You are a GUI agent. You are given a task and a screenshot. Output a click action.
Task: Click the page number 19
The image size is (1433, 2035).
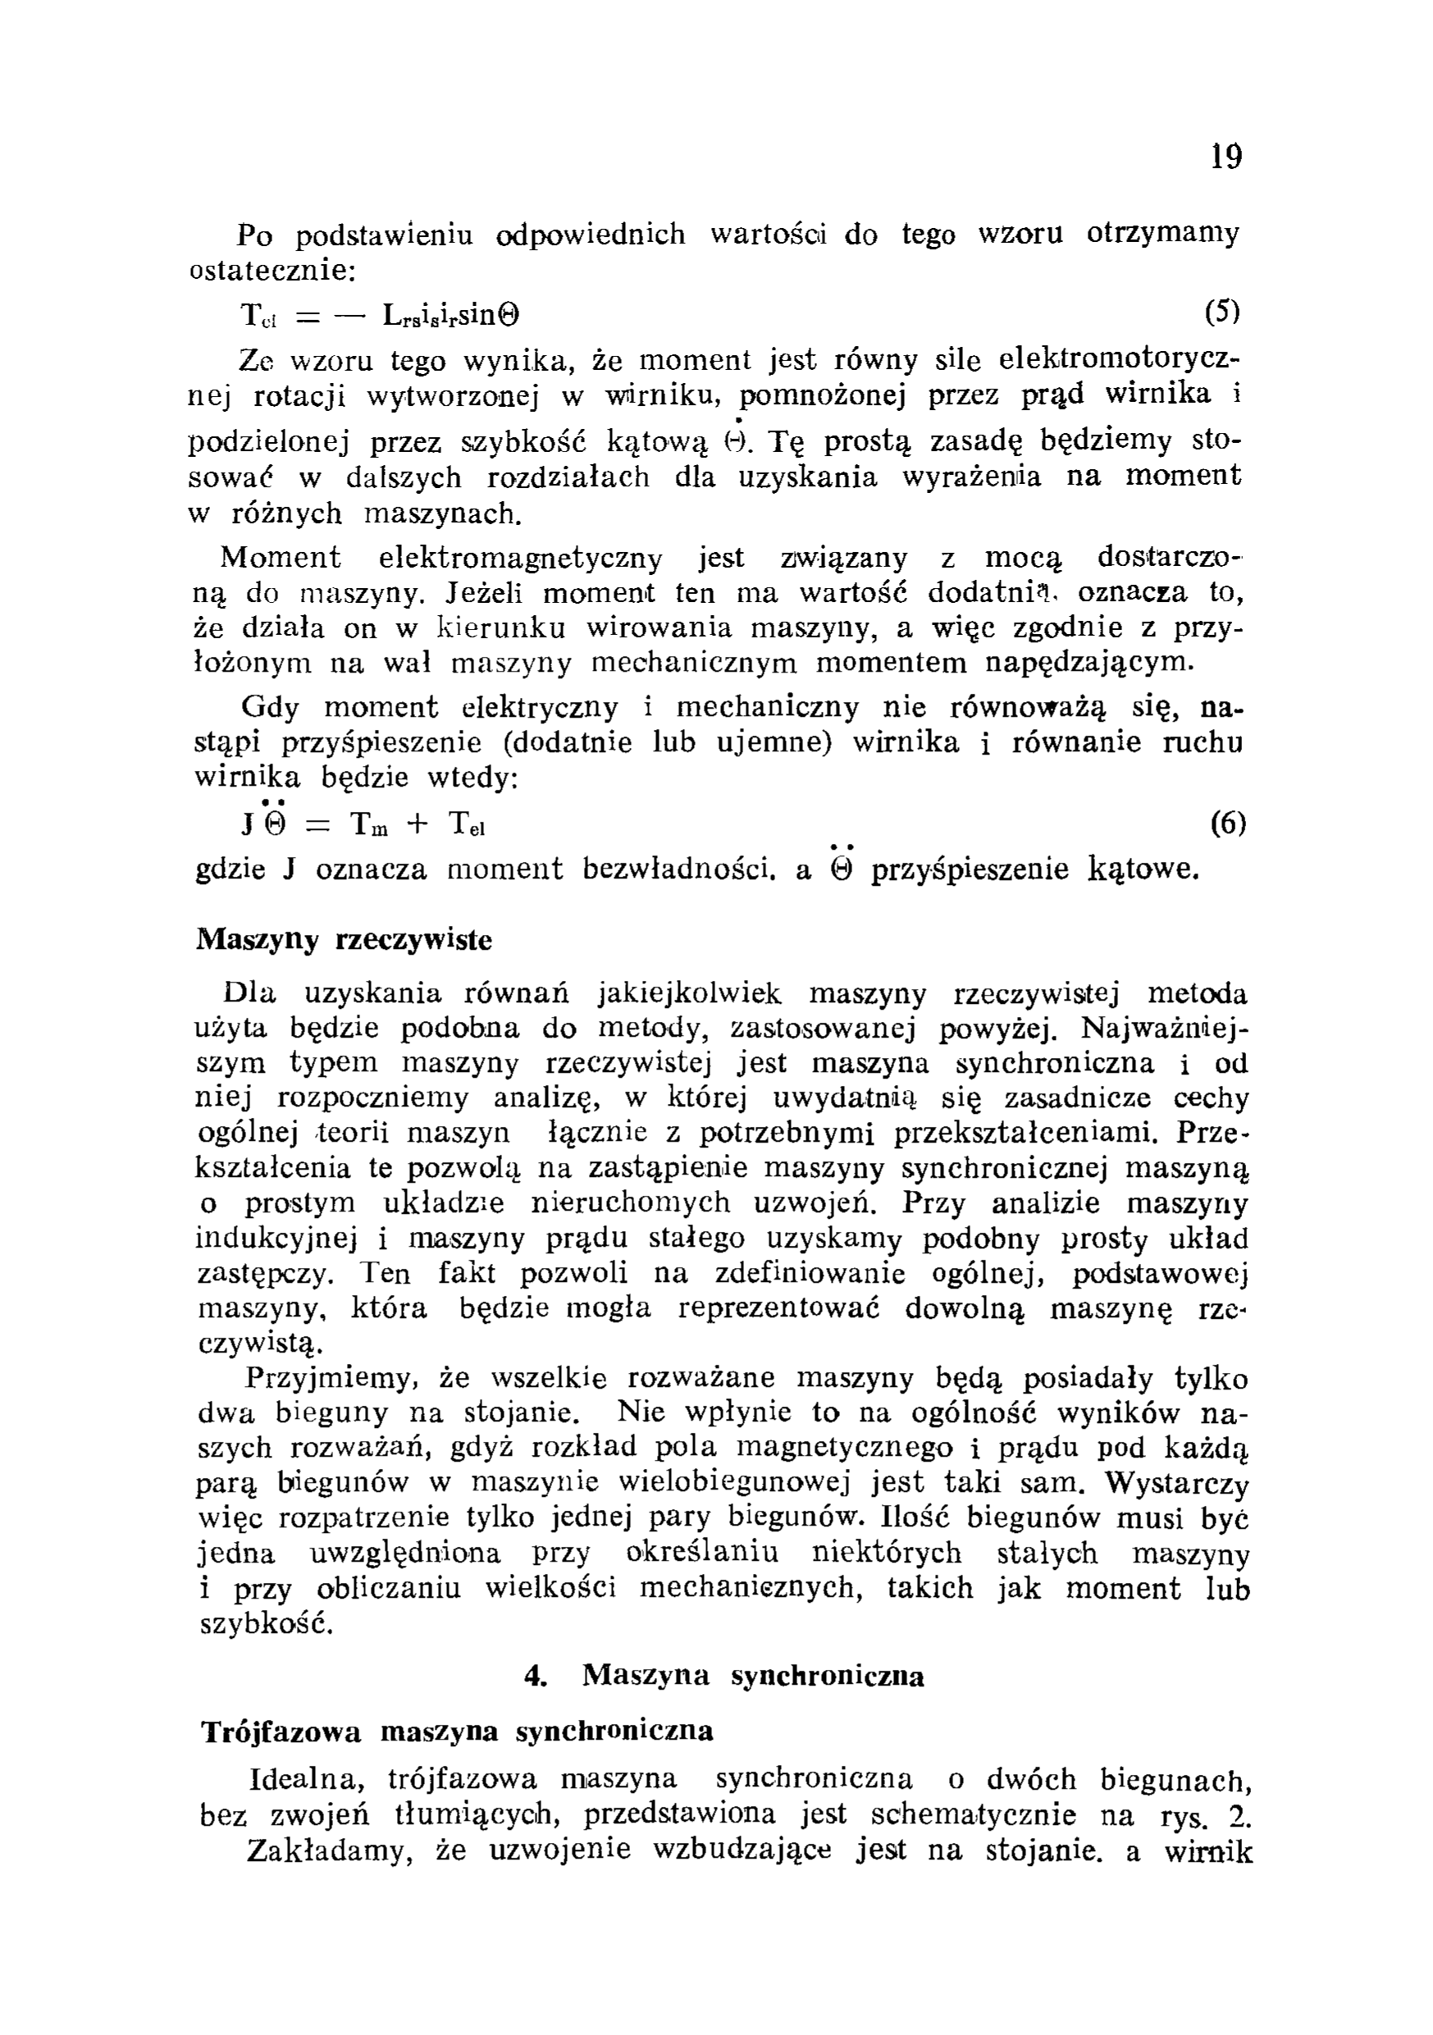1226,157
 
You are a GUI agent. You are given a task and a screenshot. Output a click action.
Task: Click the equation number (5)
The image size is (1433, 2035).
1223,312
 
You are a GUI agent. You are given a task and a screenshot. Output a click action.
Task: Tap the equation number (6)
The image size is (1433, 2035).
1227,824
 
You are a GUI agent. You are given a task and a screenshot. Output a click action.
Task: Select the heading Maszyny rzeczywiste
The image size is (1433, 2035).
344,939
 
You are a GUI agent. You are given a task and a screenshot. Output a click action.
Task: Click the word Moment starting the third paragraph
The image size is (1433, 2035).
280,558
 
